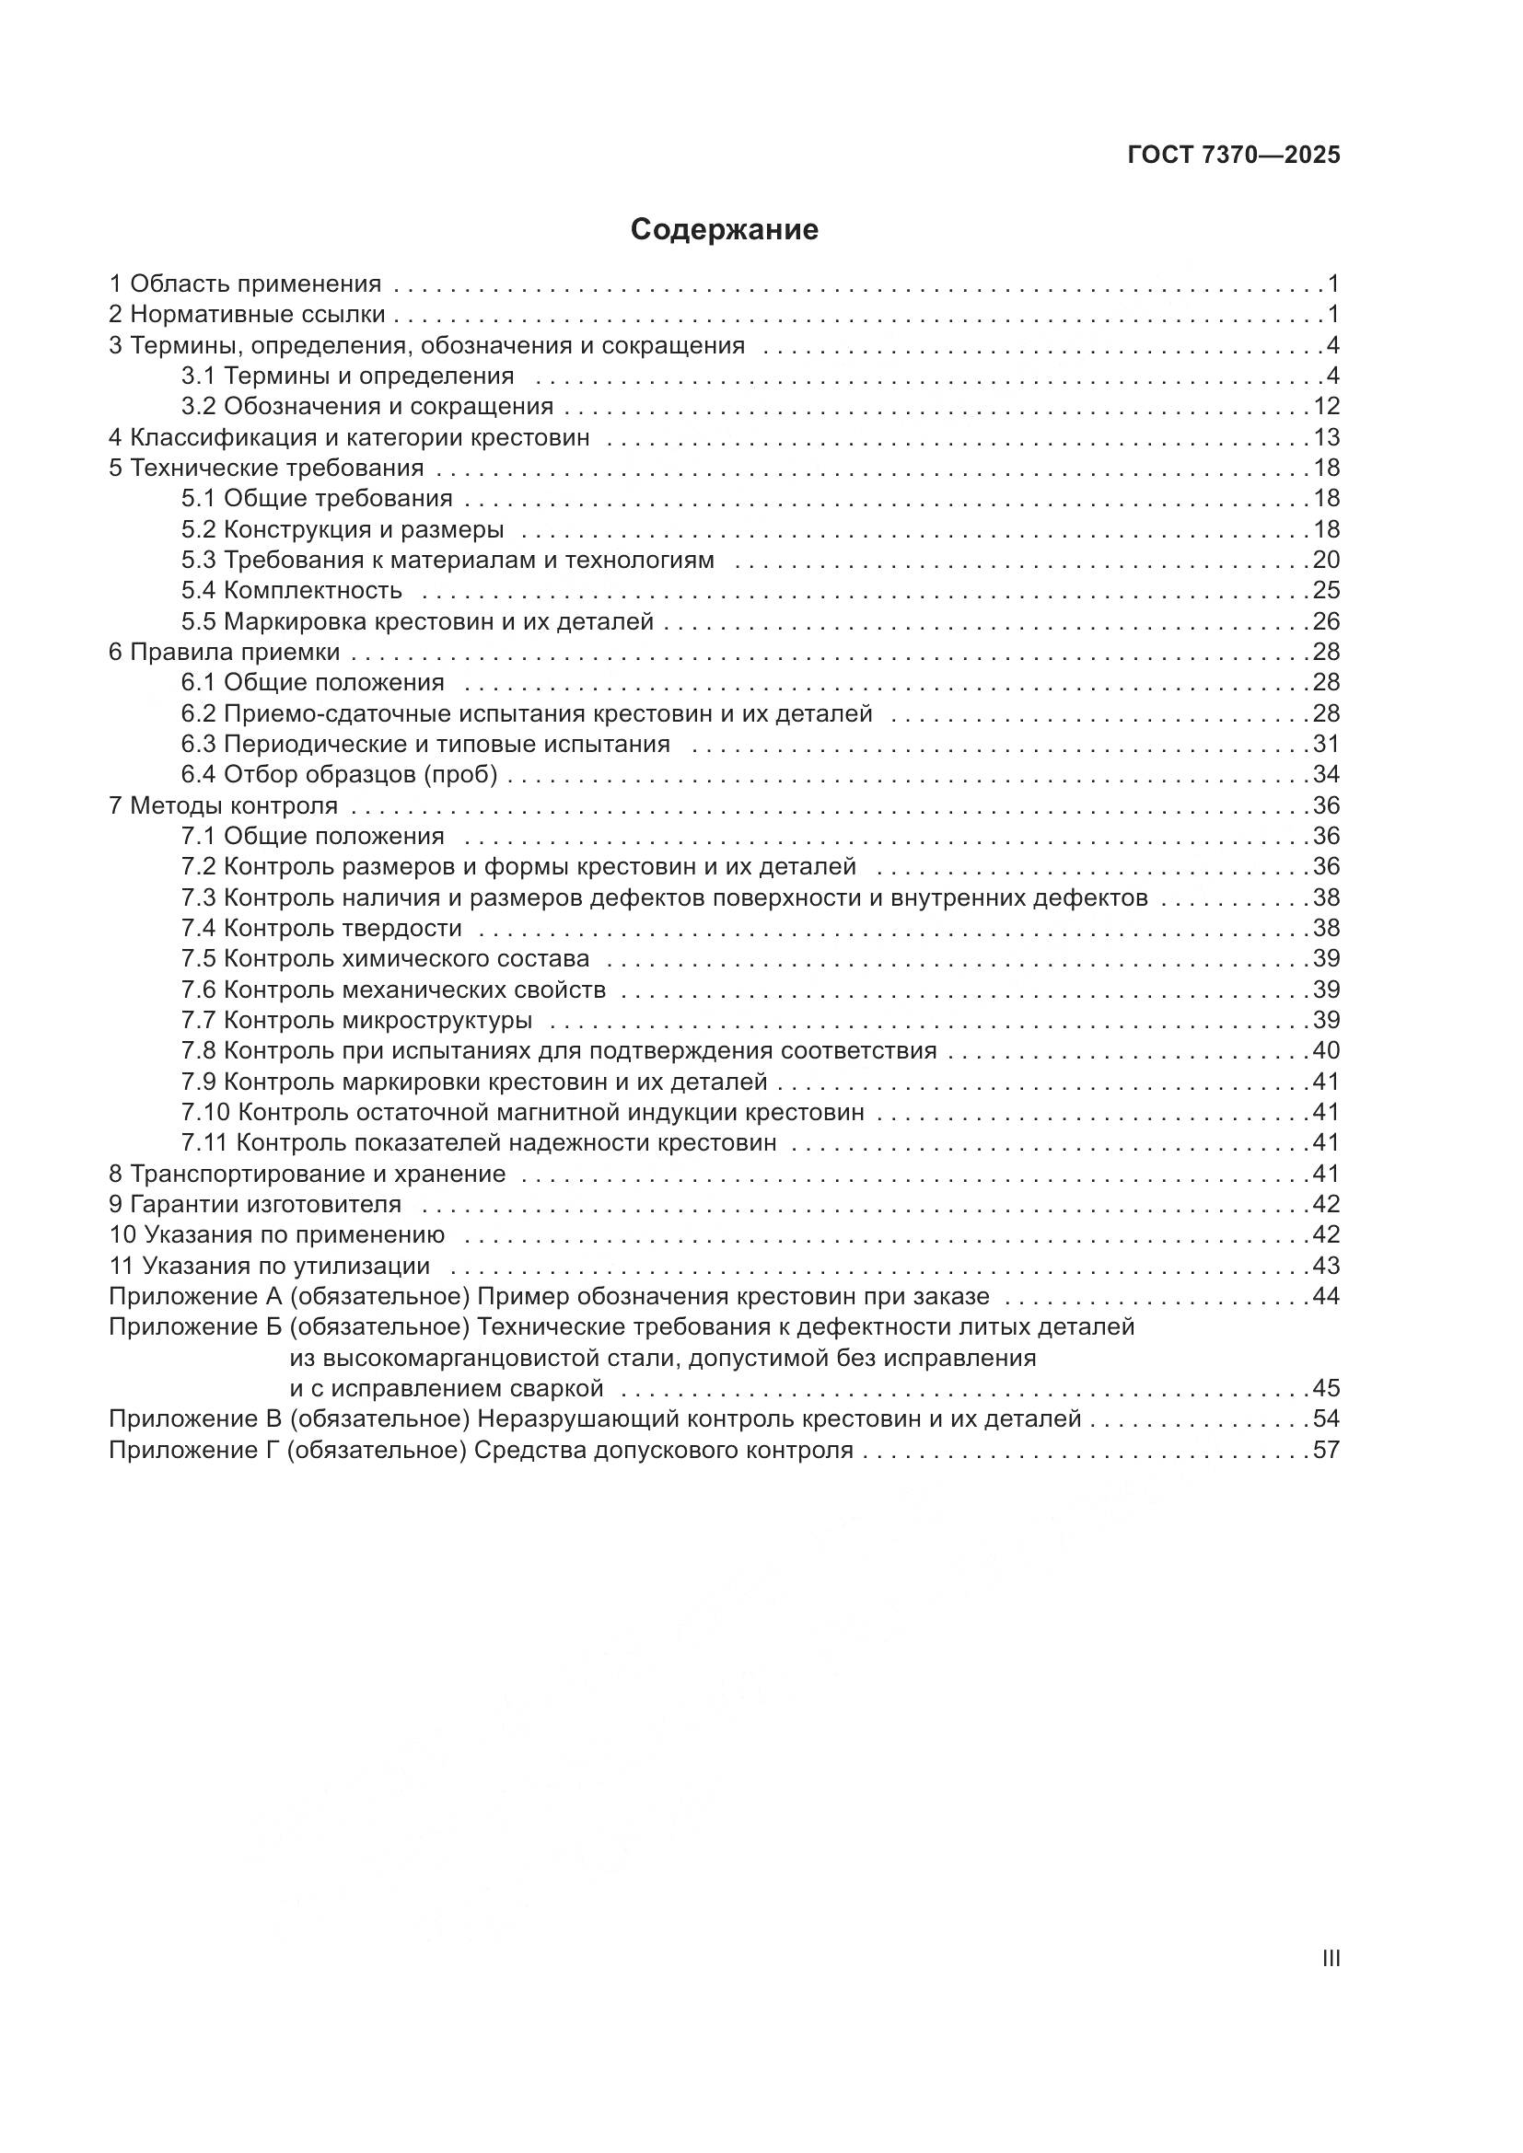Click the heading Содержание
(724, 230)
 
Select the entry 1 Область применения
(246, 284)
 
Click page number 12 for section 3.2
(1326, 406)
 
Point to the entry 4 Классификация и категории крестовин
(349, 437)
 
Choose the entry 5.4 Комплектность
(292, 590)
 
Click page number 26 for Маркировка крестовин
(1326, 620)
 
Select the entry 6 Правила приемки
(224, 652)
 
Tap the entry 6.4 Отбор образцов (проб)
(340, 774)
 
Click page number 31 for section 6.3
(1326, 744)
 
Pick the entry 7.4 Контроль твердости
(321, 929)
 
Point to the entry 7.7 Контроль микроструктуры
(357, 1020)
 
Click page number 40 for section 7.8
(1326, 1050)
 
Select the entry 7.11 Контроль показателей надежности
(479, 1142)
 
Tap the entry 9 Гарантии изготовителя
(255, 1204)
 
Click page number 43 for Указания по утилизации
(1326, 1266)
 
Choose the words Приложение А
(196, 1297)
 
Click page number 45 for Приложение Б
(1326, 1388)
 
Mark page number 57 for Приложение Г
(1326, 1451)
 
